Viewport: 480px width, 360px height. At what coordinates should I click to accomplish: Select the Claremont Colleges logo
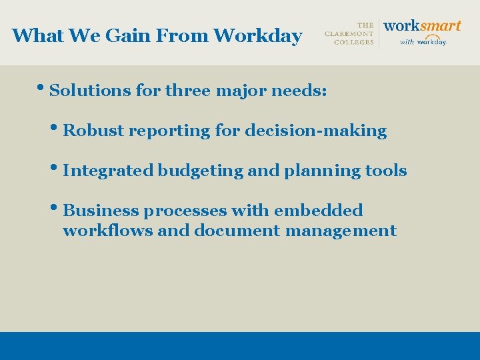point(349,33)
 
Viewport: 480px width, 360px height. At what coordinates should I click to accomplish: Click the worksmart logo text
point(422,25)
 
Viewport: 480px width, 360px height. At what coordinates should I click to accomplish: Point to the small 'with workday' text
point(423,41)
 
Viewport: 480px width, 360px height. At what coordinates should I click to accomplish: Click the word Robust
point(94,131)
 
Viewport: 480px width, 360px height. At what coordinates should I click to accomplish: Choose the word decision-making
point(315,131)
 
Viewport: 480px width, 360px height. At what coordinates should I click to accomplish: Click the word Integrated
point(108,171)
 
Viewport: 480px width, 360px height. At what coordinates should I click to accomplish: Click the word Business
point(101,211)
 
